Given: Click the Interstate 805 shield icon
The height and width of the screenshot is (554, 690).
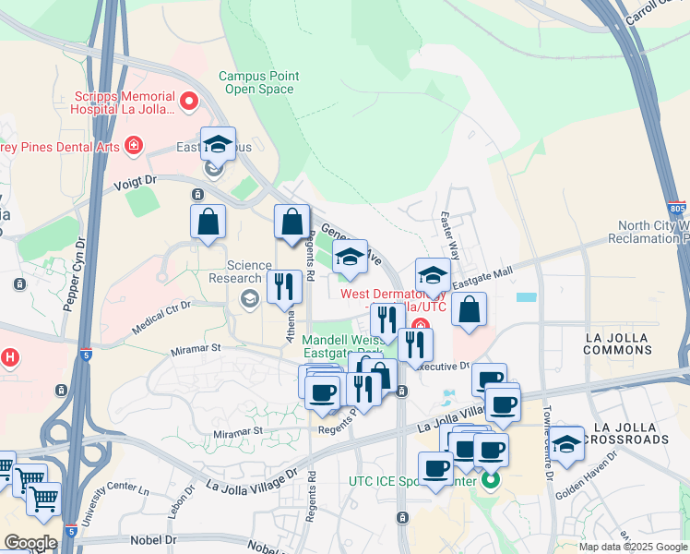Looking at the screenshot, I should tap(678, 210).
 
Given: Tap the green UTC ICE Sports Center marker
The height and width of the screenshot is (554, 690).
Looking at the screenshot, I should tap(491, 481).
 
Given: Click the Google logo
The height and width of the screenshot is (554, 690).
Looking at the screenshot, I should tap(30, 543).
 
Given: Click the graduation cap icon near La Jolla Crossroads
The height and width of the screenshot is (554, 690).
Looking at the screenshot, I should tap(566, 442).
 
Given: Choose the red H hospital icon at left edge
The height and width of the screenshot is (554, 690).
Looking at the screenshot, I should tap(9, 357).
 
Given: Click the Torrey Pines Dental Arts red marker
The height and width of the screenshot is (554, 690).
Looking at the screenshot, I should tap(134, 146).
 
